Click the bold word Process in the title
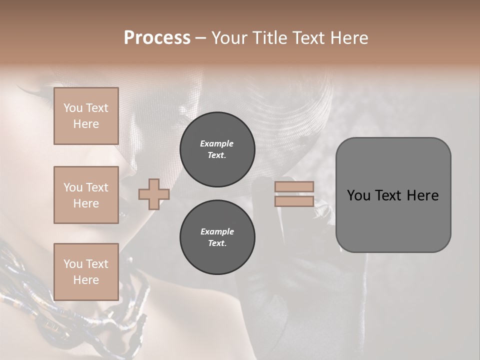(157, 38)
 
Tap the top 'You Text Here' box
(86, 116)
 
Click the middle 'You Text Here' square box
(86, 195)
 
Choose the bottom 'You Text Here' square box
(86, 271)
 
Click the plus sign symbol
(153, 194)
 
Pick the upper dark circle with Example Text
(217, 149)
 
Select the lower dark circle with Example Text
(217, 237)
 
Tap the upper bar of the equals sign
(294, 187)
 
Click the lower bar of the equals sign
(294, 201)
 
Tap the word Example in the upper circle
(217, 143)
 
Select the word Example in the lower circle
(217, 231)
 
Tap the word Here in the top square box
(86, 124)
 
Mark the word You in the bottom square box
(72, 263)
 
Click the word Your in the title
(229, 38)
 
